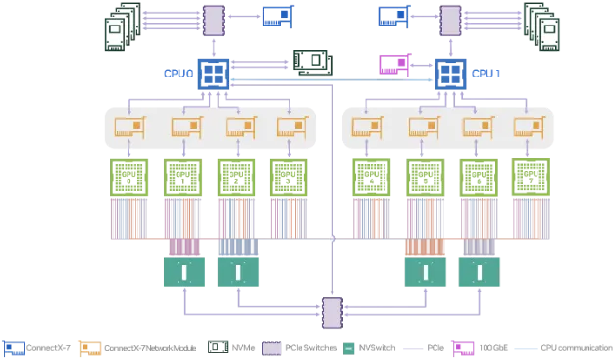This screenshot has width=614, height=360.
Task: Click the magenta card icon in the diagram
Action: coord(395,65)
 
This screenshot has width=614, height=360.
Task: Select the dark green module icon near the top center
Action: coord(312,61)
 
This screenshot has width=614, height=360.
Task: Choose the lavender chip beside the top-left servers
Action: coord(213,17)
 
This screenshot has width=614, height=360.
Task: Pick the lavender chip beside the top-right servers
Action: coord(450,17)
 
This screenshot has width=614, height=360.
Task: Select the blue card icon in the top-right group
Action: coord(392,16)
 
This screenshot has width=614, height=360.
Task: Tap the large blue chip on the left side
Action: coord(213,72)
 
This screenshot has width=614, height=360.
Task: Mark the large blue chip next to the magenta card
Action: coord(450,72)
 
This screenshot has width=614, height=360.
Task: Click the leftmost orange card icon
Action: coord(128,127)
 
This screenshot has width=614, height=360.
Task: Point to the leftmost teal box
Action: coord(181,271)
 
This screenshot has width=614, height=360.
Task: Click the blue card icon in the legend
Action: coord(14,347)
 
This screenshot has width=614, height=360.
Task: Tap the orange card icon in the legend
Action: coord(90,347)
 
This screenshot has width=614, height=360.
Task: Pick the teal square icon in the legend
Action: coord(350,347)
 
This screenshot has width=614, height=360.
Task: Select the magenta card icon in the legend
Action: coord(462,347)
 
